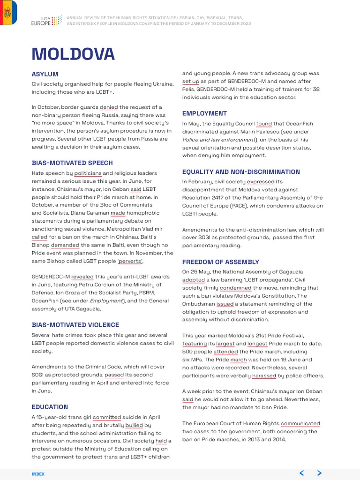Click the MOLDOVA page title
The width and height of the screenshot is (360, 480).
pos(73,54)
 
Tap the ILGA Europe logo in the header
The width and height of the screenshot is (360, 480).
pos(46,20)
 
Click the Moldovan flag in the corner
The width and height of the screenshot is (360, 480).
pos(8,13)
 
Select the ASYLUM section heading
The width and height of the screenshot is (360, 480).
pos(45,74)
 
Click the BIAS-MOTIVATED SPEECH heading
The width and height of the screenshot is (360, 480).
pos(72,163)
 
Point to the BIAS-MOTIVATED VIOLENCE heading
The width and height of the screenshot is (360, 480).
pos(75,324)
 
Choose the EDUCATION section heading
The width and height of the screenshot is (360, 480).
pos(50,407)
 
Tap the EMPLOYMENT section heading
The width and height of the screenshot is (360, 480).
pos(204,113)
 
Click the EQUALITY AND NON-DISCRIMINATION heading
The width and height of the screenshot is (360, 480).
pos(241,172)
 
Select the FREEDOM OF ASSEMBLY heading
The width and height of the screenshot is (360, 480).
pos(220,262)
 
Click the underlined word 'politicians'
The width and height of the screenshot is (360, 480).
pos(88,173)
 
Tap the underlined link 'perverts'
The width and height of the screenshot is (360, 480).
pos(130,261)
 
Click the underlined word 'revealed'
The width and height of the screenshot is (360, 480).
pos(82,277)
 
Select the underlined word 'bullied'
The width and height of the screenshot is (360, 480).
pos(134,425)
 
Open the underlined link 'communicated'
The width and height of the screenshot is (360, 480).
pos(300,423)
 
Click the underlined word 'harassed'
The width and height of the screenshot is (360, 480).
pos(263,375)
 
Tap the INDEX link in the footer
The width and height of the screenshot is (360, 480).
pos(38,474)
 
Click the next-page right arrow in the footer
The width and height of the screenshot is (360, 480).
pos(319,473)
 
